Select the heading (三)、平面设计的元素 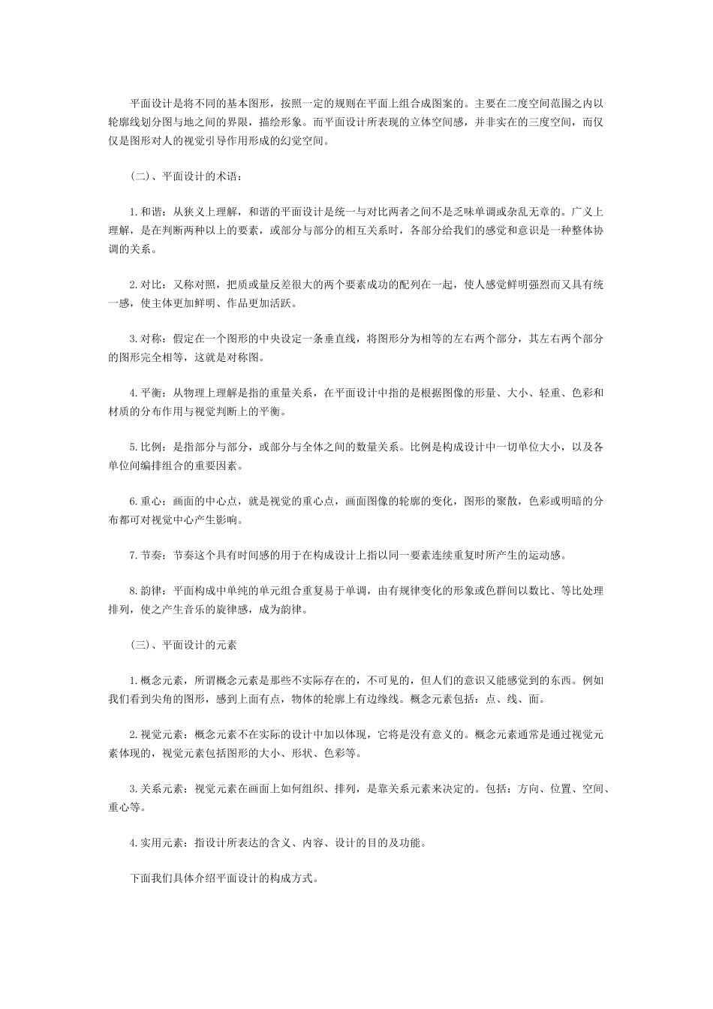[x=184, y=645]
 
